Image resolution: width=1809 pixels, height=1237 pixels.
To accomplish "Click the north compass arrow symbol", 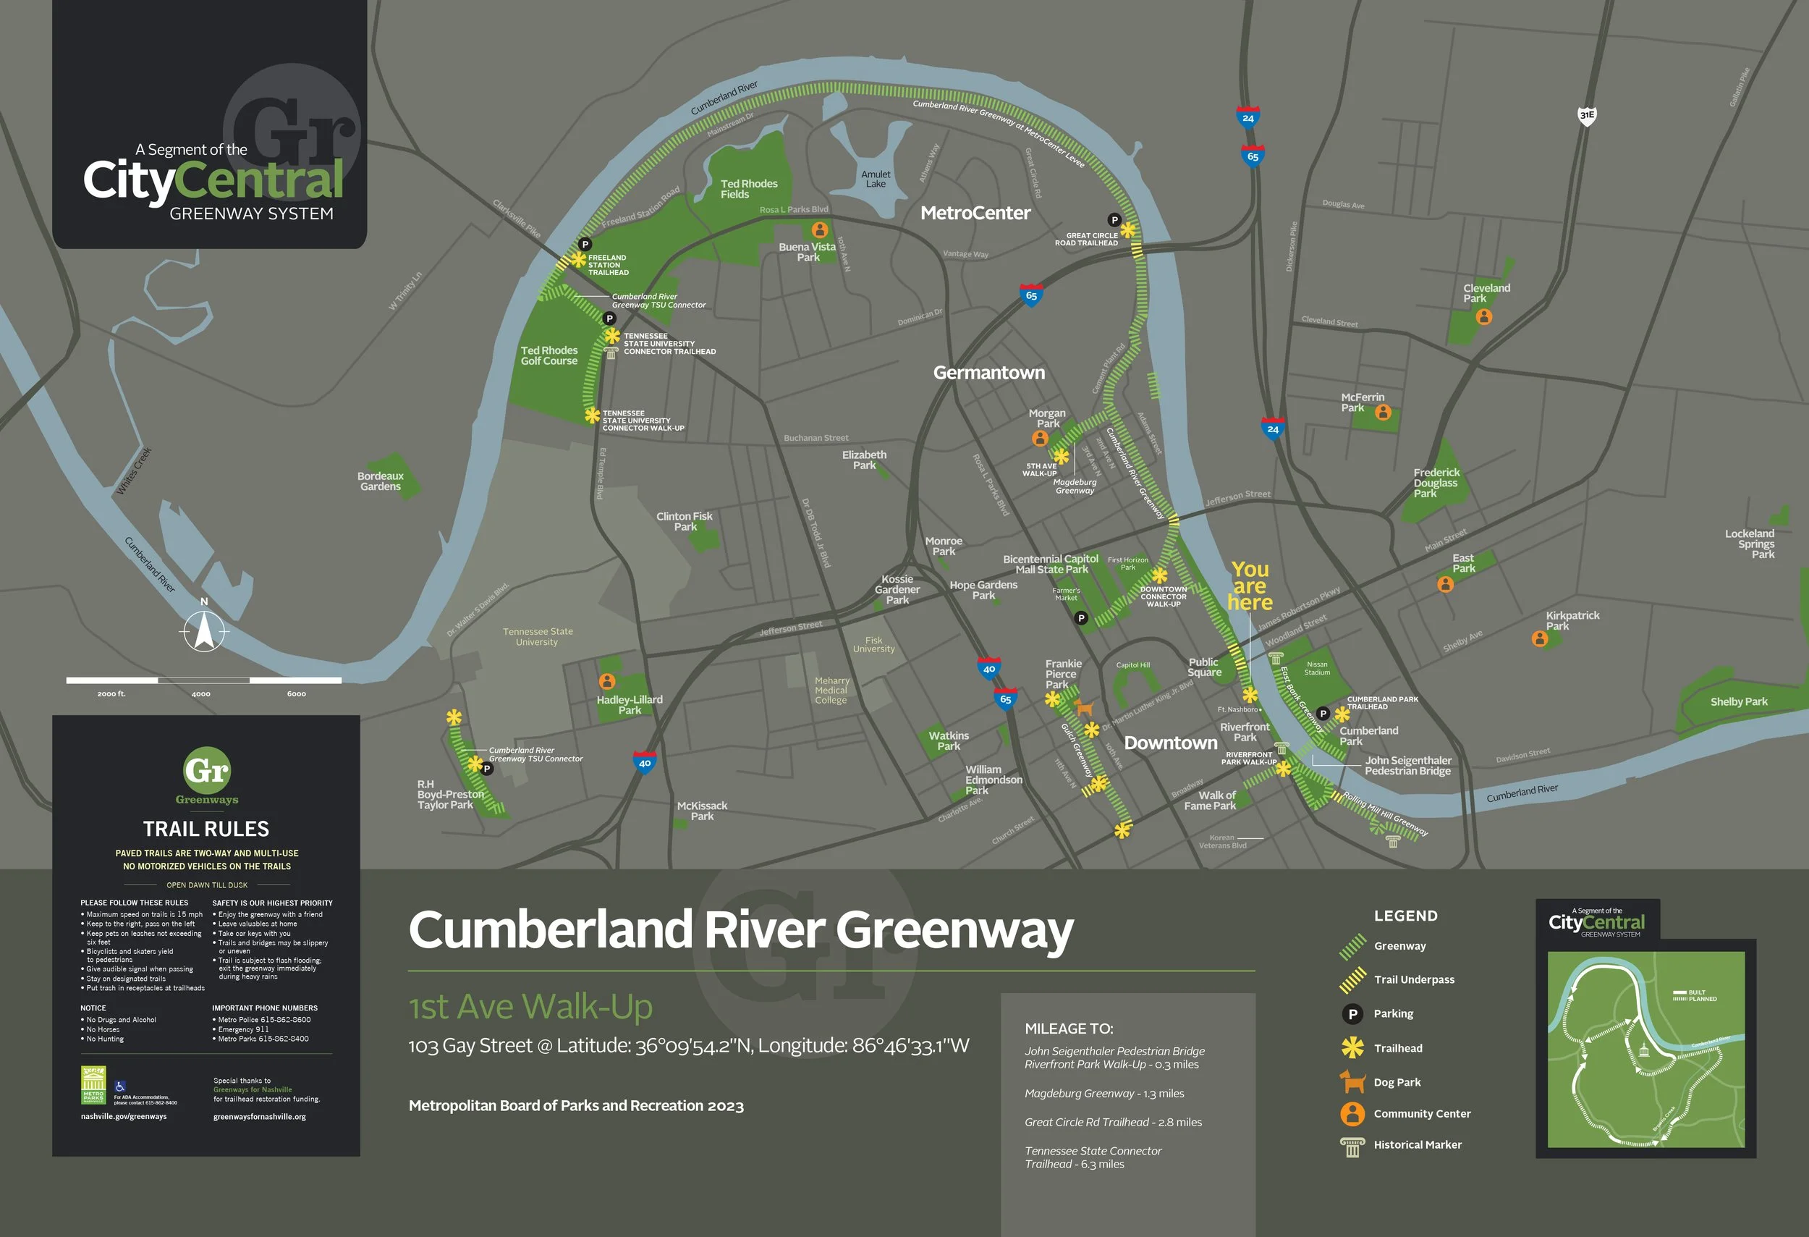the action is click(204, 630).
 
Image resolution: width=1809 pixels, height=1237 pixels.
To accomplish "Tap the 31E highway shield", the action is click(1586, 115).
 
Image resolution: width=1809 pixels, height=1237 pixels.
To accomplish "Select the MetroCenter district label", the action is click(975, 214).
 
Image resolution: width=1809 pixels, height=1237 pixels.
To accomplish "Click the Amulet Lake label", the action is click(876, 179).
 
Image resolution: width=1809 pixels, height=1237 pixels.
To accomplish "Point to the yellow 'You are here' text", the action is click(1250, 586).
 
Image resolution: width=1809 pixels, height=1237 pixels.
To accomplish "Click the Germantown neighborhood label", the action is click(988, 373).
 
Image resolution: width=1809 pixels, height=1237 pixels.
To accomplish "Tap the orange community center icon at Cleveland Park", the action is click(1483, 317).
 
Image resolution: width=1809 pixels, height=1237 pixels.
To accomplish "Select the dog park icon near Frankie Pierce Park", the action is click(1083, 708).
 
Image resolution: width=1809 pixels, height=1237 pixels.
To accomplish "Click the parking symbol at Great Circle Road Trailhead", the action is click(1114, 219).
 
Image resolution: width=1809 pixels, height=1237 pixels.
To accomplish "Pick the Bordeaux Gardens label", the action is click(380, 481).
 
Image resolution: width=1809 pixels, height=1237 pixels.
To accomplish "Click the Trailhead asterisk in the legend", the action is click(1352, 1048).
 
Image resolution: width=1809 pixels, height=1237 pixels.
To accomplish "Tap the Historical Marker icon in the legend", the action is click(1352, 1146).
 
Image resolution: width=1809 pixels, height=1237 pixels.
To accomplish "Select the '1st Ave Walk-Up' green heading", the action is click(530, 1007).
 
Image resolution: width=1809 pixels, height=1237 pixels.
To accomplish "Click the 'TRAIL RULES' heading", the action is click(206, 828).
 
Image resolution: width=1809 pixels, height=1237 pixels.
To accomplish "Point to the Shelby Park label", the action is click(1738, 701).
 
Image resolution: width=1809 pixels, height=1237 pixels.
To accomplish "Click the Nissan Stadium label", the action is click(1317, 668).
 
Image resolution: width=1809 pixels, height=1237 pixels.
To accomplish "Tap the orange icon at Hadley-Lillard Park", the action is click(607, 681).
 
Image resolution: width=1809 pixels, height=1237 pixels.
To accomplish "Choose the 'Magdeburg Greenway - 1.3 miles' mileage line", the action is click(1103, 1094).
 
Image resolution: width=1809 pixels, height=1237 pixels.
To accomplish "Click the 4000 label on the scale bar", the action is click(201, 693).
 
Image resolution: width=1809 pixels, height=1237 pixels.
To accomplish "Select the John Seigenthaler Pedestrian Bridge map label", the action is click(1407, 765).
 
